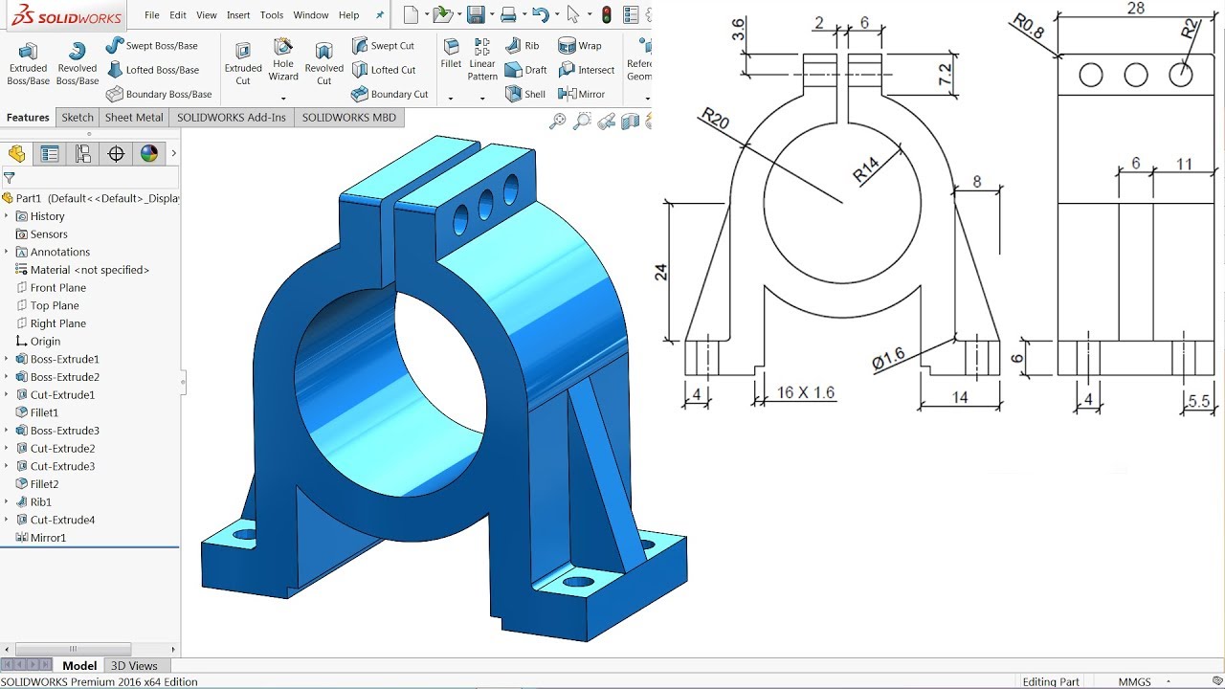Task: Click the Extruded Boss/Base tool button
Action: coord(28,63)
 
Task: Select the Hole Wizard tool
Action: coord(283,59)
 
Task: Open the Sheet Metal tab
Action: coord(133,118)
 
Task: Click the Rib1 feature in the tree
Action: coord(40,501)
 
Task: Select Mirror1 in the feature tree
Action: coord(48,538)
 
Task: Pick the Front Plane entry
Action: coord(57,287)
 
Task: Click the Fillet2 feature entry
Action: coord(44,484)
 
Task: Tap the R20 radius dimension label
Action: coord(714,120)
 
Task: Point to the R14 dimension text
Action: coord(866,171)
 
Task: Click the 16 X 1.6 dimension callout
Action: coord(805,392)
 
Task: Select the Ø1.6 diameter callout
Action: coord(888,360)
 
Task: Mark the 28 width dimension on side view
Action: coord(1135,9)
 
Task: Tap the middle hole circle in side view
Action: coord(1136,75)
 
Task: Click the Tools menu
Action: coord(272,15)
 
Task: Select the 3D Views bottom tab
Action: coord(134,666)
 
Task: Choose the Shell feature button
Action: coord(526,94)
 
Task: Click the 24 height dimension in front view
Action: coord(660,272)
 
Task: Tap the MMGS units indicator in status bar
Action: coord(1136,682)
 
